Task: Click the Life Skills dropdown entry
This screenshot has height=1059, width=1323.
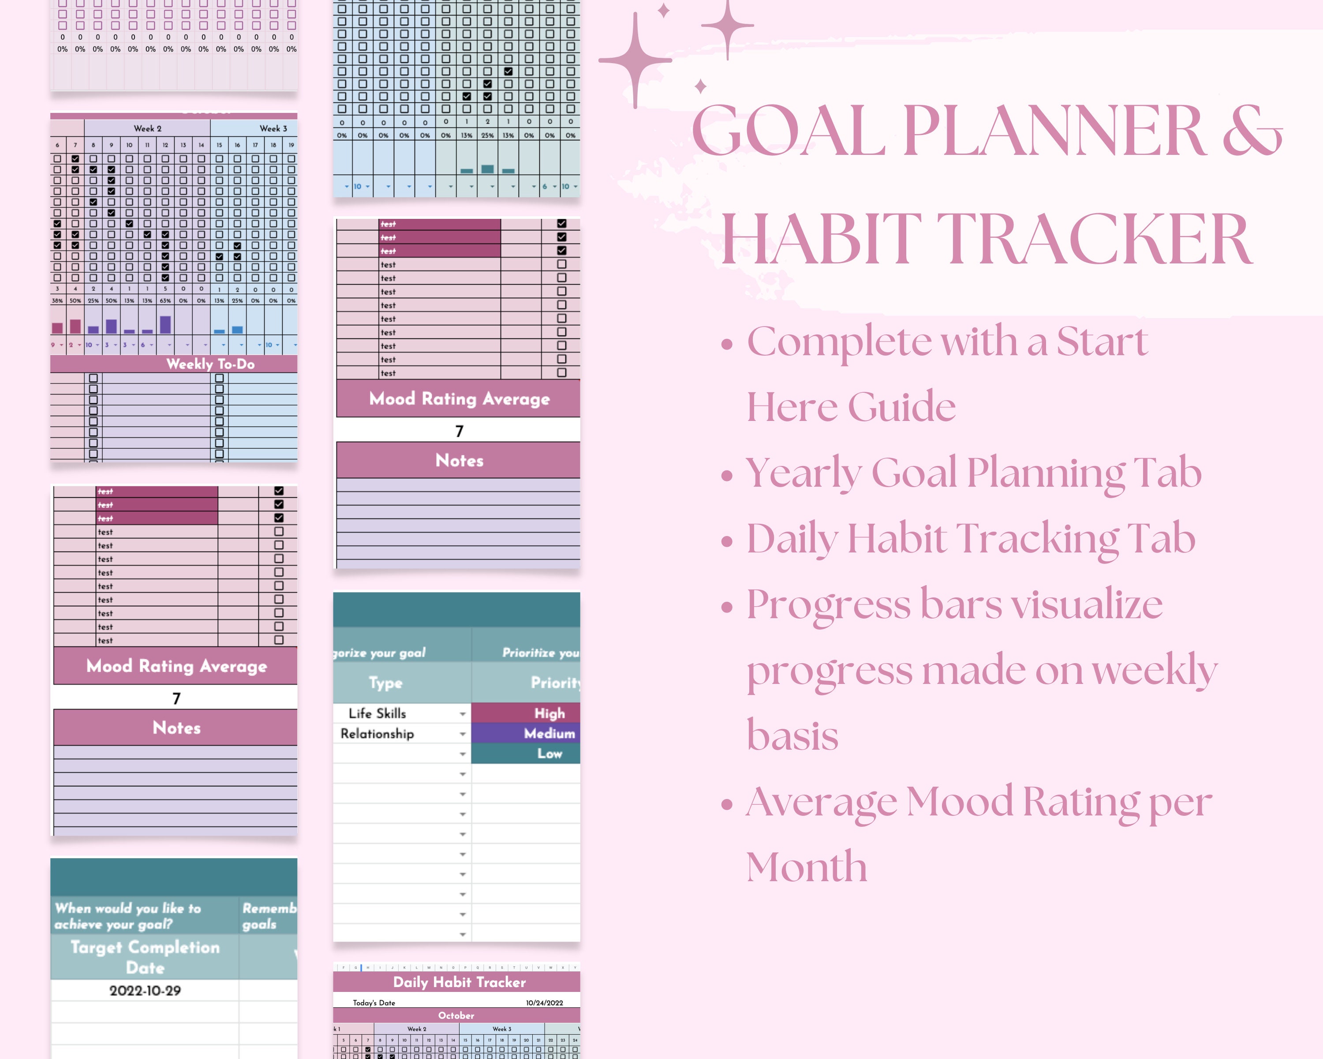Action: pyautogui.click(x=377, y=713)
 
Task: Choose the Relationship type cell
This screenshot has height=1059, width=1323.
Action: pyautogui.click(x=377, y=733)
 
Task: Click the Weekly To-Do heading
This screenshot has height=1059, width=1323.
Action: pyautogui.click(x=210, y=364)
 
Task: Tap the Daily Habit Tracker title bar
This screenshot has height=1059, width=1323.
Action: pyautogui.click(x=459, y=982)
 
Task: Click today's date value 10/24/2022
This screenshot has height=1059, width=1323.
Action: pyautogui.click(x=544, y=1003)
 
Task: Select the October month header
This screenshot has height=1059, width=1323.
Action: pyautogui.click(x=456, y=1015)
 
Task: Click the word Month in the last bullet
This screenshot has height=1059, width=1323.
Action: pyautogui.click(x=806, y=867)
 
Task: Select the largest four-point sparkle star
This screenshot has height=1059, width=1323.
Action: pyautogui.click(x=636, y=60)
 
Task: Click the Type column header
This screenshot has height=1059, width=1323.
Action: pyautogui.click(x=385, y=683)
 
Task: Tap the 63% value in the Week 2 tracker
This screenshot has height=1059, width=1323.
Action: pyautogui.click(x=165, y=301)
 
